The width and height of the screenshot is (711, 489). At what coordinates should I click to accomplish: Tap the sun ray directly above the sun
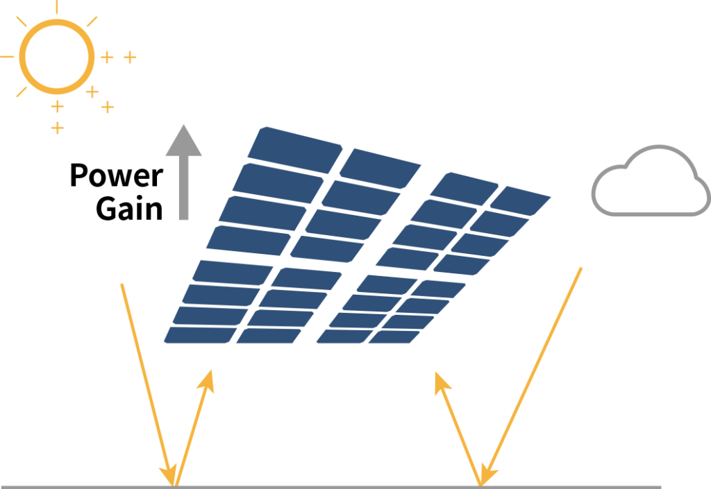tap(57, 6)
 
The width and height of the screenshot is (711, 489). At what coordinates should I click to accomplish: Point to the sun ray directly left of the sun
tap(7, 57)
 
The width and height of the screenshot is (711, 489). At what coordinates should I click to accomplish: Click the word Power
tap(117, 175)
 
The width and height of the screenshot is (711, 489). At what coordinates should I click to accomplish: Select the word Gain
tap(129, 209)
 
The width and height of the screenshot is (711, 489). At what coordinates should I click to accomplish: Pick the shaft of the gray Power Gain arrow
tap(183, 188)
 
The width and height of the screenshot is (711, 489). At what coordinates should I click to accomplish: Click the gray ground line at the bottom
tap(331, 487)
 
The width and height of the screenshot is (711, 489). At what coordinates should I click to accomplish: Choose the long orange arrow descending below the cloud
tap(530, 377)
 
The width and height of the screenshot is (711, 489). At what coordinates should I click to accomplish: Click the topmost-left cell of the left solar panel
tap(294, 150)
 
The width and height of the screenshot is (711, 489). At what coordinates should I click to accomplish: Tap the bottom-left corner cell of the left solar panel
tap(200, 335)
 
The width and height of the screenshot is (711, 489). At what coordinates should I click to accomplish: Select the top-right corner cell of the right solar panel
tap(521, 200)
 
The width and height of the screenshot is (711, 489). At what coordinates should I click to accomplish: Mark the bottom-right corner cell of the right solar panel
tap(394, 337)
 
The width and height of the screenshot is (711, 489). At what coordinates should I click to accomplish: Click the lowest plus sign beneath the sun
tap(57, 128)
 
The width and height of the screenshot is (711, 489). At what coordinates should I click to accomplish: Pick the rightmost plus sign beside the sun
tap(130, 58)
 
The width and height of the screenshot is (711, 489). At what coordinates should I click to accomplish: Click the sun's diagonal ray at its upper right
tap(92, 22)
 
